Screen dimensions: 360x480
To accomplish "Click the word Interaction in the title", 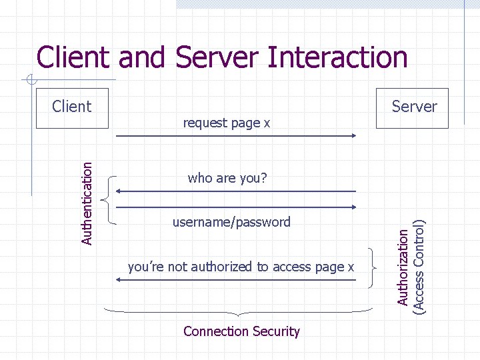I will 337,57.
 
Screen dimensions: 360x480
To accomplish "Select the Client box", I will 72,106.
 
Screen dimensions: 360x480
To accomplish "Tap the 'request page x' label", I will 227,123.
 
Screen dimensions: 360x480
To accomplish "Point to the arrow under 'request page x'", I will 236,136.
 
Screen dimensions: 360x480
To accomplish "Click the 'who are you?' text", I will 227,178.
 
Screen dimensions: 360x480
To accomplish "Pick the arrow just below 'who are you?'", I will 236,191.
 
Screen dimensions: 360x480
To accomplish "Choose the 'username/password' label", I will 231,222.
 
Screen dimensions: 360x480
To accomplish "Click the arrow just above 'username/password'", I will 236,207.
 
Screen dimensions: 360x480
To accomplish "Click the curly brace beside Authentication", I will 109,198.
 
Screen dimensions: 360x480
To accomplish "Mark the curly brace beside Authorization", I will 372,267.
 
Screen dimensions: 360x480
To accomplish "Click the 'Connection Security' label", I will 241,331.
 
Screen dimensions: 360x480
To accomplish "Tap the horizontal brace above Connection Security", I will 239,311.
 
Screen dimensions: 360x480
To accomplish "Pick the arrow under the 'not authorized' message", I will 236,280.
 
